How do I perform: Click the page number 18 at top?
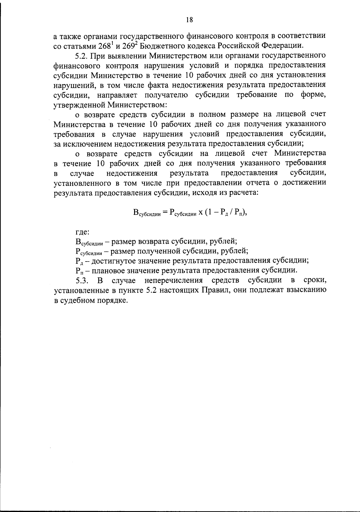189,20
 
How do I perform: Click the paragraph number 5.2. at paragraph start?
81,56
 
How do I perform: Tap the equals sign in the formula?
165,212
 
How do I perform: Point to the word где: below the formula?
82,232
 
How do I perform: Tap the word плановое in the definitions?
107,271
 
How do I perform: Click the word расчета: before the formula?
243,193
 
